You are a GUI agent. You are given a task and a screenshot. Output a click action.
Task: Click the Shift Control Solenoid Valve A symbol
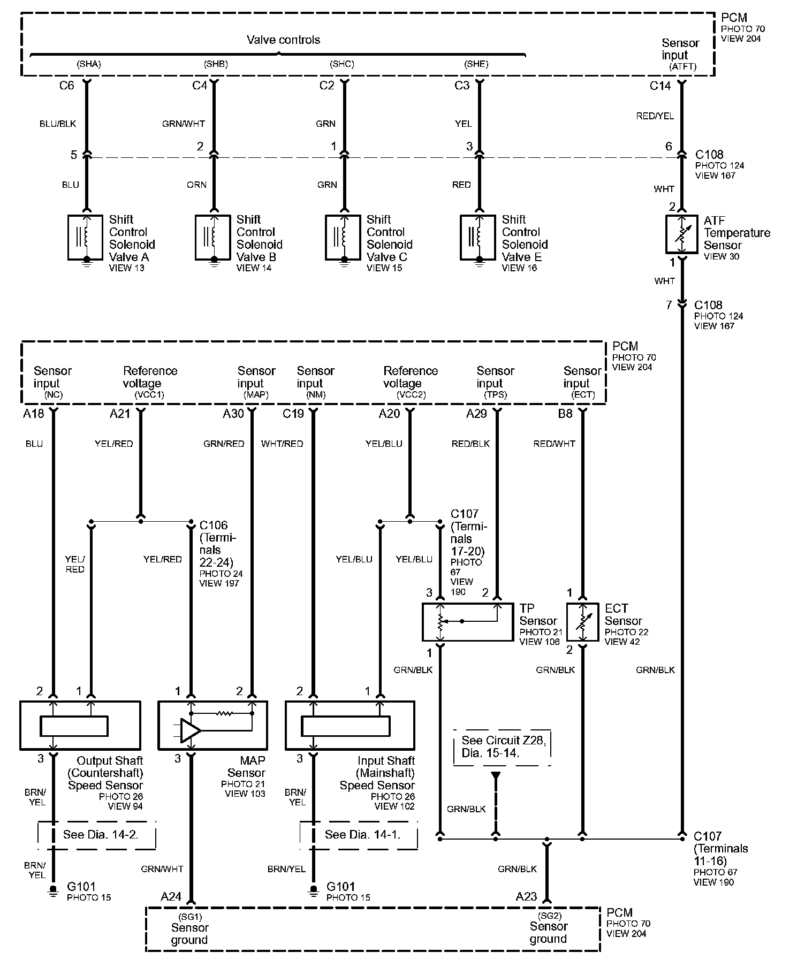pos(85,237)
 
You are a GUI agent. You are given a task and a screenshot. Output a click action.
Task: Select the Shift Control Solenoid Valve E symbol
pos(478,237)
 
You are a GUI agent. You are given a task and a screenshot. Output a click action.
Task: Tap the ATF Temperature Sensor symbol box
pos(681,234)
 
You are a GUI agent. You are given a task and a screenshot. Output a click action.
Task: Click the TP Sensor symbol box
pos(467,622)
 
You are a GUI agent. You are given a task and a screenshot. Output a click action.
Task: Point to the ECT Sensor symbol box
pos(582,622)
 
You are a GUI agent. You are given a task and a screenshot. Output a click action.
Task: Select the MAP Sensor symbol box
pos(212,726)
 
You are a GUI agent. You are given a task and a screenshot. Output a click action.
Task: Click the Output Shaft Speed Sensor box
pos(80,726)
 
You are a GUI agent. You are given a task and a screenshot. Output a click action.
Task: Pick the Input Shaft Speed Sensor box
pos(350,726)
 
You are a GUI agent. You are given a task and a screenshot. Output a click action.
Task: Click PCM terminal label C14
pos(660,86)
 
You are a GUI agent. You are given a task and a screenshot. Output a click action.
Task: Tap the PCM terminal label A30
pos(233,414)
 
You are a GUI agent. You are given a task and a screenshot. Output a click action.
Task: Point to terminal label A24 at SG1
pos(171,897)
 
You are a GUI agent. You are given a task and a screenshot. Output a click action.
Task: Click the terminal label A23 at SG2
pos(526,897)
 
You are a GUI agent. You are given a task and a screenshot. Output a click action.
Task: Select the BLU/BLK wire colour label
pos(58,124)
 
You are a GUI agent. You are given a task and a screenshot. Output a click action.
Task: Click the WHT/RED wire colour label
pos(282,444)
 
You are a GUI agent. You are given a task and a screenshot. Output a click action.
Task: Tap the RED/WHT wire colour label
pos(554,444)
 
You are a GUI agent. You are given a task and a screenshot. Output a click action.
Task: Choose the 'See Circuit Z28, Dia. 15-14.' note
pos(502,746)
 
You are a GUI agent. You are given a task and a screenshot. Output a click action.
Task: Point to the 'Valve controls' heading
pos(283,40)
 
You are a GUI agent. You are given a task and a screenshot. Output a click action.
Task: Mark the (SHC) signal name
pos(342,64)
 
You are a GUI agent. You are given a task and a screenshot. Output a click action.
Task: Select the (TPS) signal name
pos(495,395)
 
